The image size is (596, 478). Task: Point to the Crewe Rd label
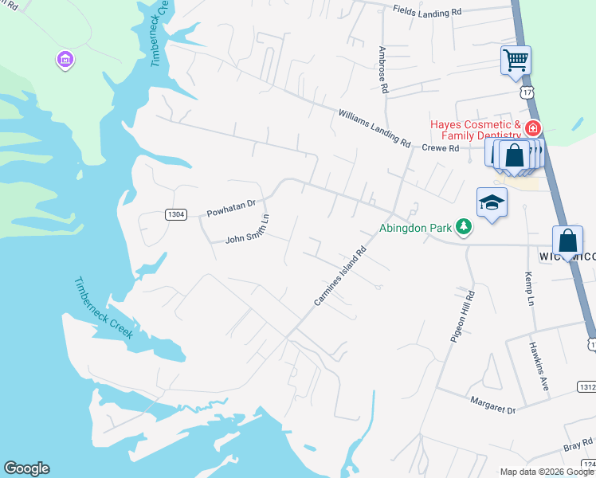click(x=441, y=148)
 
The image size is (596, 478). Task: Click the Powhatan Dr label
click(x=230, y=210)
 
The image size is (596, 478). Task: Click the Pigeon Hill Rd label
click(x=461, y=318)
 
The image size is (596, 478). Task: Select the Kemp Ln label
click(x=527, y=288)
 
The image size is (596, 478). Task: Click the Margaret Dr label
click(x=492, y=405)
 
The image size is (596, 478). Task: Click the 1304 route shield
click(x=176, y=214)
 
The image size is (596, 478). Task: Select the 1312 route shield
click(x=586, y=386)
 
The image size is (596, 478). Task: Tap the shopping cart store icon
click(x=516, y=60)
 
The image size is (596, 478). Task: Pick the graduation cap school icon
click(x=492, y=204)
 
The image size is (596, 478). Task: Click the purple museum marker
click(x=65, y=59)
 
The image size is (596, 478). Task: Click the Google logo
click(x=26, y=468)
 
